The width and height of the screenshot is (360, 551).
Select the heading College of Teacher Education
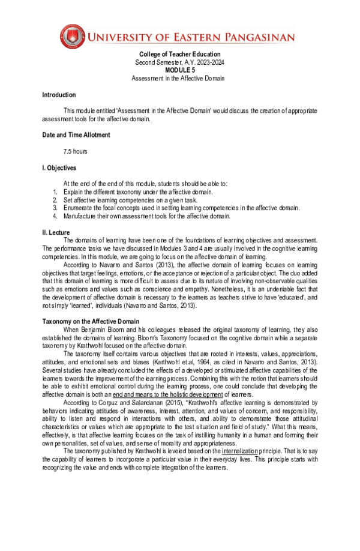179,55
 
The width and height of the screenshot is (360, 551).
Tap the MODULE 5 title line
179,70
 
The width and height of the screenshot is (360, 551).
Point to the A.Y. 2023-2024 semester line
179,63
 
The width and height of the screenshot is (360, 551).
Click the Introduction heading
59,95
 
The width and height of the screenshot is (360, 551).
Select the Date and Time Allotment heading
76,135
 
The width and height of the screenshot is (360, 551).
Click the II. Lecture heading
56,232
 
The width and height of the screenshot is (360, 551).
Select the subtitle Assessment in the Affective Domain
179,79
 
